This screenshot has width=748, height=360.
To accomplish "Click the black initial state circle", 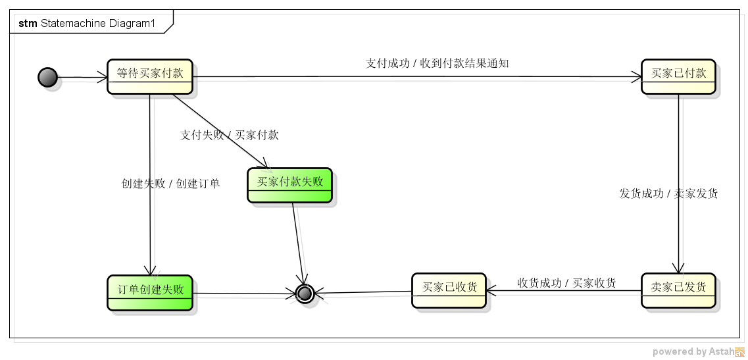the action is click(48, 78).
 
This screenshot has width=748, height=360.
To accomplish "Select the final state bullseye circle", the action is click(305, 294).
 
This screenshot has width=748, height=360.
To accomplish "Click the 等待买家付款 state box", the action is click(150, 76).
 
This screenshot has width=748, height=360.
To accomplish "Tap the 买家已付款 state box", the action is click(678, 76).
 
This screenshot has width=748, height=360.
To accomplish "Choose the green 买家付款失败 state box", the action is click(290, 185).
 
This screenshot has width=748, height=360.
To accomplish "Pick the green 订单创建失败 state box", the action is click(150, 293).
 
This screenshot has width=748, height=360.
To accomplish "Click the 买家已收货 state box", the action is click(449, 290).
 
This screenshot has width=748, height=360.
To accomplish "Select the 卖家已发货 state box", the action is click(678, 290).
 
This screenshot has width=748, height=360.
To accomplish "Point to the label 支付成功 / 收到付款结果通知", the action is click(437, 63).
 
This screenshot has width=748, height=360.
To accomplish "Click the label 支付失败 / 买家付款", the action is click(230, 135).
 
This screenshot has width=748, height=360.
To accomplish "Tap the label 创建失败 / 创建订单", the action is click(171, 184).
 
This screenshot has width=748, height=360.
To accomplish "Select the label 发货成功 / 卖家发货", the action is click(669, 193).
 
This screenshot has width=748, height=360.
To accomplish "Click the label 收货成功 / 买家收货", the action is click(566, 283).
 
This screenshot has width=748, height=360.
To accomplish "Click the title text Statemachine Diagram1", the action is click(98, 24).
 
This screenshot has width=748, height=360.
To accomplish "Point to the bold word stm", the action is click(28, 24).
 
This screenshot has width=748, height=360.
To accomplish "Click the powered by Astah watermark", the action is click(699, 351).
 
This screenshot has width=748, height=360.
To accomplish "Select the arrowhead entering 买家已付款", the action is click(637, 77).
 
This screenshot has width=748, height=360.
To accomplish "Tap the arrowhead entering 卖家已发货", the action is click(678, 269).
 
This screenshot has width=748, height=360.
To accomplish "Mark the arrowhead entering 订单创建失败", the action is click(150, 270).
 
